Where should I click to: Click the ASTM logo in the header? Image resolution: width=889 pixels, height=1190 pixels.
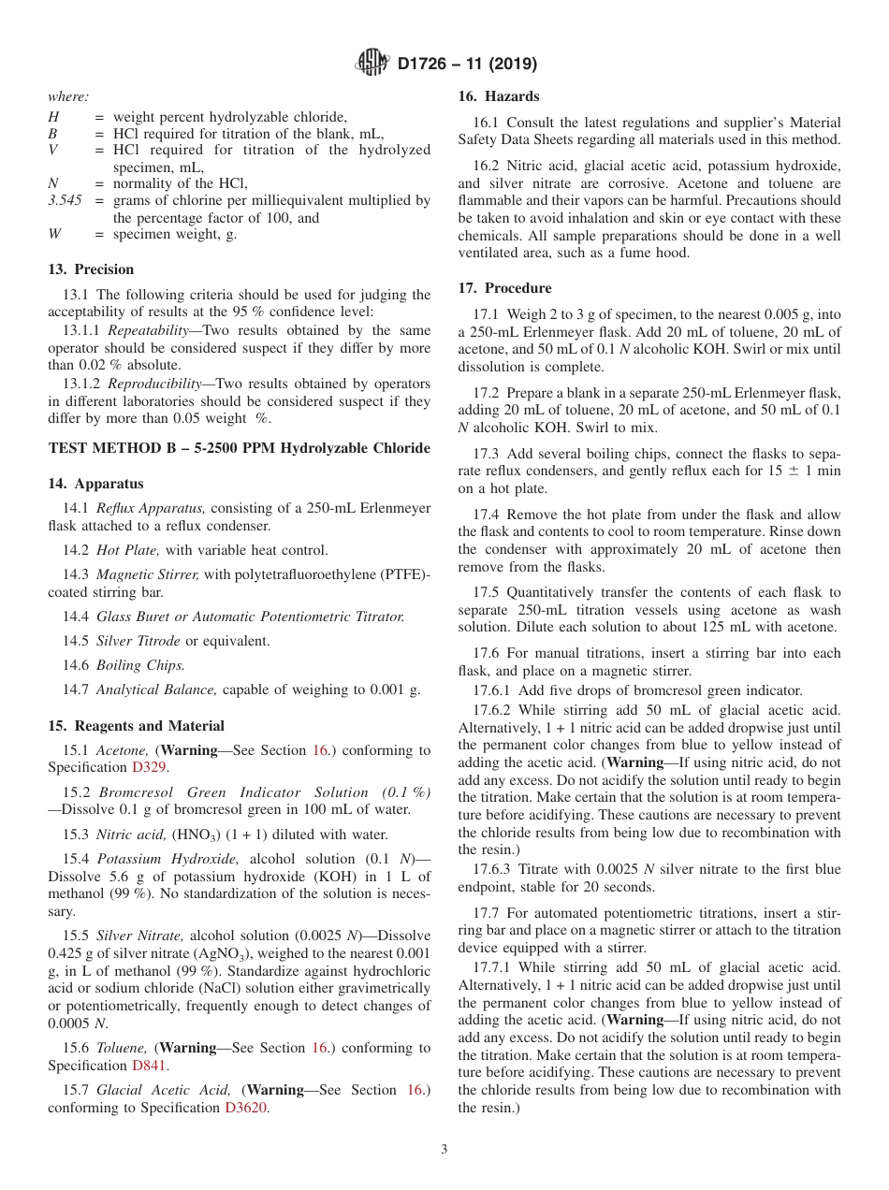tap(373, 64)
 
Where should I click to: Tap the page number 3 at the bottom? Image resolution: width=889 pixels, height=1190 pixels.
tap(444, 1149)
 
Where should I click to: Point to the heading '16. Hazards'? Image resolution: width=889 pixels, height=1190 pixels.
tap(498, 96)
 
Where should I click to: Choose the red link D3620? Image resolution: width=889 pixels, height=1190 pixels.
tap(246, 1108)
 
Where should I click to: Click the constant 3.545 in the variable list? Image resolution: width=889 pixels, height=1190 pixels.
tap(65, 200)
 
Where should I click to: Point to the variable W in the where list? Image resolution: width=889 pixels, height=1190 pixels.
tap(54, 235)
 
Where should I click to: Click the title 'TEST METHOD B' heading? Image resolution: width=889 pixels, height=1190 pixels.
tap(239, 448)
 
